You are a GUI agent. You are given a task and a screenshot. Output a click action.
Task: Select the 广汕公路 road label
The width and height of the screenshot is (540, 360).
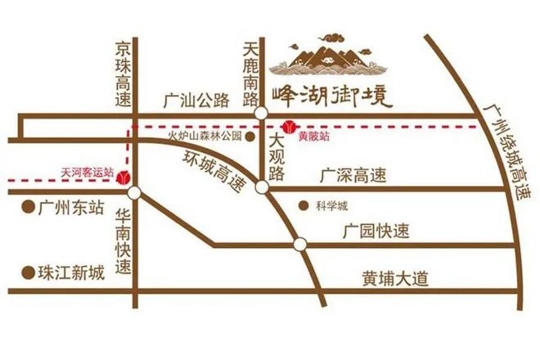coord(196,101)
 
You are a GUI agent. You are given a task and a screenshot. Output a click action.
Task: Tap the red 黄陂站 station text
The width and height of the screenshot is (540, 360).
coord(315,136)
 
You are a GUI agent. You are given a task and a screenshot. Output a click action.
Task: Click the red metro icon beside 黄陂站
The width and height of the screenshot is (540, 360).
coord(289,127)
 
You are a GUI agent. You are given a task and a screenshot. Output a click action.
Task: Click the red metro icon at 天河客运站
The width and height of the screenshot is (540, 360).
coord(124,176)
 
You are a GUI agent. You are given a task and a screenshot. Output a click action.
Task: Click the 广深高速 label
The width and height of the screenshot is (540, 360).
coord(353,175)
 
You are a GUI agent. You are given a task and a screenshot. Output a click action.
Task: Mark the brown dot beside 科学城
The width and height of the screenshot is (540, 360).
coord(304,205)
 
